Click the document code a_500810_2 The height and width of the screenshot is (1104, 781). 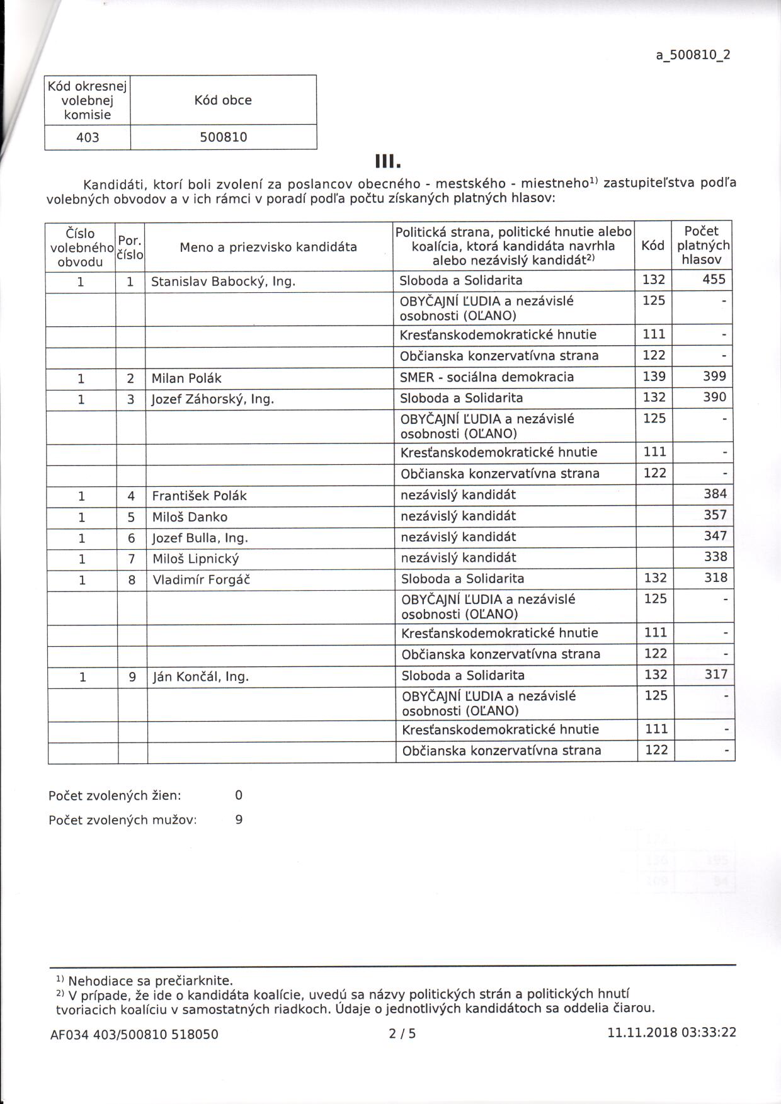point(693,55)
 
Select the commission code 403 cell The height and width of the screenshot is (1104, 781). point(88,137)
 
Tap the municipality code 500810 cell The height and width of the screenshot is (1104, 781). point(223,137)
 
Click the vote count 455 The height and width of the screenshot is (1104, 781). point(714,280)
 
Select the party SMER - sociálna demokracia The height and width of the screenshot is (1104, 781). point(487,377)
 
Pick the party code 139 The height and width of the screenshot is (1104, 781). point(654,377)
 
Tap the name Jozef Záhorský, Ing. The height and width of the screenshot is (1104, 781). point(213,399)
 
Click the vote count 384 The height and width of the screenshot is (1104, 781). point(715,494)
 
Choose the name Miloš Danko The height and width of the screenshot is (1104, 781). point(190,517)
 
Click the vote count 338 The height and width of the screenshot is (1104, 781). point(715,557)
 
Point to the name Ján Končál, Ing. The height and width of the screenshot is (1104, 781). point(201,677)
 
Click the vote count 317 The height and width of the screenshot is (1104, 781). point(716,674)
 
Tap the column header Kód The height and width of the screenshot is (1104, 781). point(653,246)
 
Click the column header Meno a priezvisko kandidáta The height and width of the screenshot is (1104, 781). point(268,247)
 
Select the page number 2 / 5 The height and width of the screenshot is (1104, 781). point(402,1033)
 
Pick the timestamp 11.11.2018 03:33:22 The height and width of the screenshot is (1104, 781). point(671,1033)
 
